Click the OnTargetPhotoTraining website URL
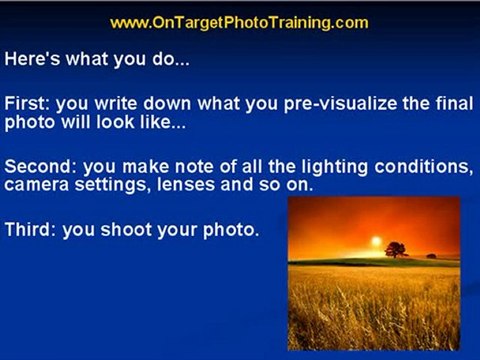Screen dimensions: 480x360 coord(239,23)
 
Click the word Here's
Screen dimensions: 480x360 coord(32,59)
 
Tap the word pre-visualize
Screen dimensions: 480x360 coord(340,104)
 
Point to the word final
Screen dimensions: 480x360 coord(454,103)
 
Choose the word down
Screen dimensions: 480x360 coord(167,103)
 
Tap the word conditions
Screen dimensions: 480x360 coord(423,166)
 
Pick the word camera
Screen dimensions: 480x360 coord(36,185)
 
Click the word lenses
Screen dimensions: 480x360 coord(186,184)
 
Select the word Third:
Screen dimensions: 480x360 coord(31,229)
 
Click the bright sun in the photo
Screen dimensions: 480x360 coord(376,241)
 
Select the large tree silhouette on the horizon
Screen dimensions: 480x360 coord(396,249)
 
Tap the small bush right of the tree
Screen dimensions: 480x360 coord(431,256)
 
